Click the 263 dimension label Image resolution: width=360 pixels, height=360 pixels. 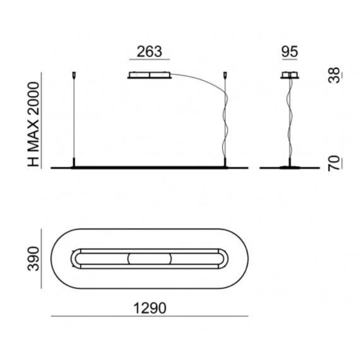pos(149,51)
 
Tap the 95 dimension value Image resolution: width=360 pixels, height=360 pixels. pos(290,51)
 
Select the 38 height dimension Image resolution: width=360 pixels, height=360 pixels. pos(334,75)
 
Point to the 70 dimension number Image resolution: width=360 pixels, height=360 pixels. pos(334,163)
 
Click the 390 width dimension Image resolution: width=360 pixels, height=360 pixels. pos(33,259)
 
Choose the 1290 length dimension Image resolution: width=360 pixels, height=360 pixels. pos(150,308)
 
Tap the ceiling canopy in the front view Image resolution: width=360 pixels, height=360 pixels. pos(149,75)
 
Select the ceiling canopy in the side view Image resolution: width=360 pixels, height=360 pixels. pos(290,75)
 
